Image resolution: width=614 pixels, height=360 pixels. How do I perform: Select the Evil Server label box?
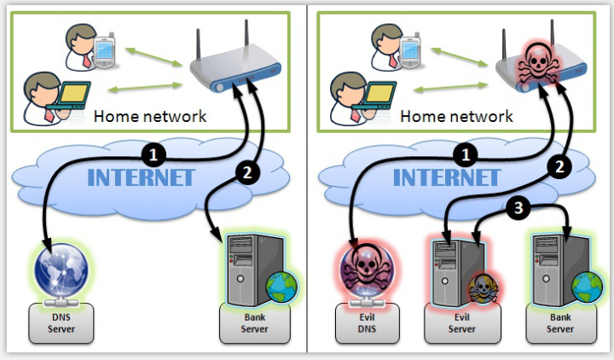pyautogui.click(x=462, y=322)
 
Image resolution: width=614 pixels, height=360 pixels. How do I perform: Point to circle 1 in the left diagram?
pyautogui.click(x=153, y=155)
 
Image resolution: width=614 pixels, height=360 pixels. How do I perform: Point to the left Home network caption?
pyautogui.click(x=149, y=116)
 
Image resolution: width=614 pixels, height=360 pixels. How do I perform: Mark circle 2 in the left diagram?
pyautogui.click(x=246, y=173)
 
